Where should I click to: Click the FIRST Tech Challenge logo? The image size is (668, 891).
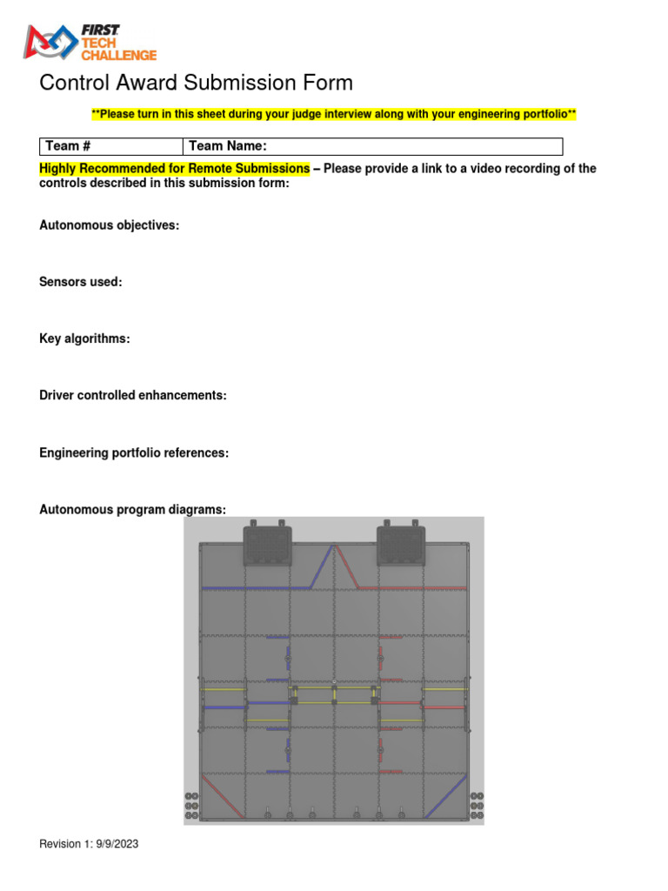point(90,43)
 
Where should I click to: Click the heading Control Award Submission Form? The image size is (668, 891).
point(197,84)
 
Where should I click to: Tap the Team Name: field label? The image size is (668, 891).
point(228,146)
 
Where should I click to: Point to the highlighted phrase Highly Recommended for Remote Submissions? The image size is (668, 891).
point(175,168)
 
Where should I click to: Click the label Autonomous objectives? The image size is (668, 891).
point(110,225)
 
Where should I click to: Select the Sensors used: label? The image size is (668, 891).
point(81,282)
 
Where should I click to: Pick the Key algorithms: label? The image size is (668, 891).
point(84,338)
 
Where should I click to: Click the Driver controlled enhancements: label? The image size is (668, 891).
point(133,395)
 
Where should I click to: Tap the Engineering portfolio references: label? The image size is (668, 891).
point(134,453)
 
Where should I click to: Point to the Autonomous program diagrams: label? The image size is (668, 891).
point(132,509)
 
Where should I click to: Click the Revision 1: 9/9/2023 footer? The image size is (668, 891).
point(89,844)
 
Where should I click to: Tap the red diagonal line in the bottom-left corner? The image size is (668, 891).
point(221,795)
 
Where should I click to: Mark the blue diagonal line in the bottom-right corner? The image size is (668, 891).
point(447,795)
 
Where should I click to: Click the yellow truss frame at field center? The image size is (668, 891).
point(334,694)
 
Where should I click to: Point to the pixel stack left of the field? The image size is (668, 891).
point(192,805)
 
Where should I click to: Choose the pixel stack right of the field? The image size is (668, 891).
point(476,805)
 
